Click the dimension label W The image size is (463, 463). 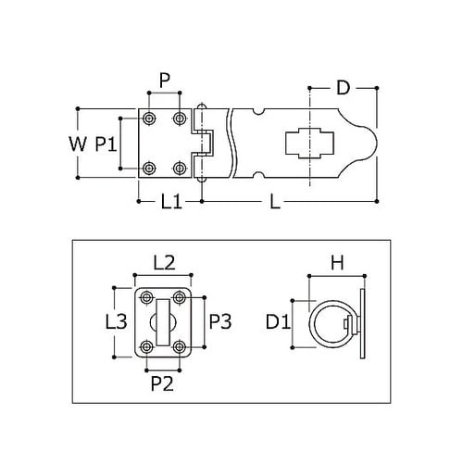[78, 144]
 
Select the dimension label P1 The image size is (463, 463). [105, 144]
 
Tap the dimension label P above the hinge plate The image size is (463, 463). [164, 81]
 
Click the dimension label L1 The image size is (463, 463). [169, 201]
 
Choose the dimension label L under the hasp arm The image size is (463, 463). [275, 201]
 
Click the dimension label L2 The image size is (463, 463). [164, 262]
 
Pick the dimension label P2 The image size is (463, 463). [164, 380]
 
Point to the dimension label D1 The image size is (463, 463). [278, 323]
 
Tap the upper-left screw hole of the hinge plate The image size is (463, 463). [149, 119]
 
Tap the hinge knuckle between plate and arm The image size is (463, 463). [205, 143]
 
